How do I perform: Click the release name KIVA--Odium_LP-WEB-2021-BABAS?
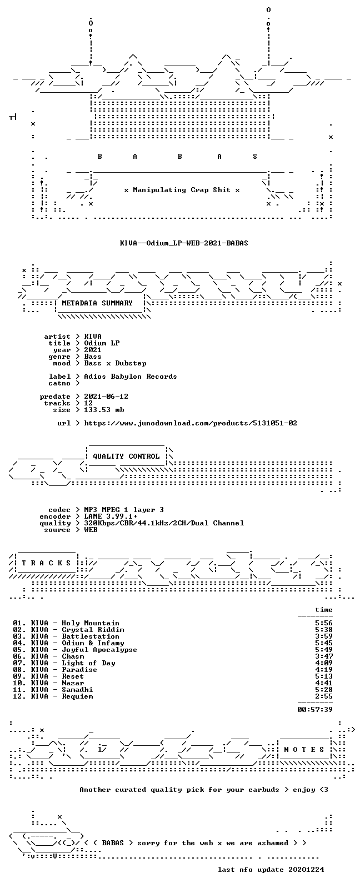click(x=184, y=243)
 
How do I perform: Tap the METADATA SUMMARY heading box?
click(x=97, y=303)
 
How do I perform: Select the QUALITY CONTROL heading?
click(x=126, y=456)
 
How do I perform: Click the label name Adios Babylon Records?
click(x=131, y=377)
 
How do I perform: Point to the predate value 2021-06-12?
click(x=106, y=397)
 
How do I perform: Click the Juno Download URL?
click(x=191, y=423)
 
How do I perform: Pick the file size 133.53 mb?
click(x=104, y=410)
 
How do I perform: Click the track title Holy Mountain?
click(x=91, y=623)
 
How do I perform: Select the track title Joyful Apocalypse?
click(x=99, y=650)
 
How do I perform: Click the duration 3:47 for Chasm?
click(x=324, y=656)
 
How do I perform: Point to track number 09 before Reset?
click(x=18, y=676)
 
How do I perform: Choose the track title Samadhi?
click(x=77, y=690)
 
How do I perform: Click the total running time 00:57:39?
click(x=315, y=710)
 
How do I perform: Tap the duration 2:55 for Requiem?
click(x=324, y=696)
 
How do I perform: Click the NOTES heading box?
click(x=304, y=750)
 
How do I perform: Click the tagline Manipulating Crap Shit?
click(x=182, y=190)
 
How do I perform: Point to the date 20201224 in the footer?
click(x=306, y=870)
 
